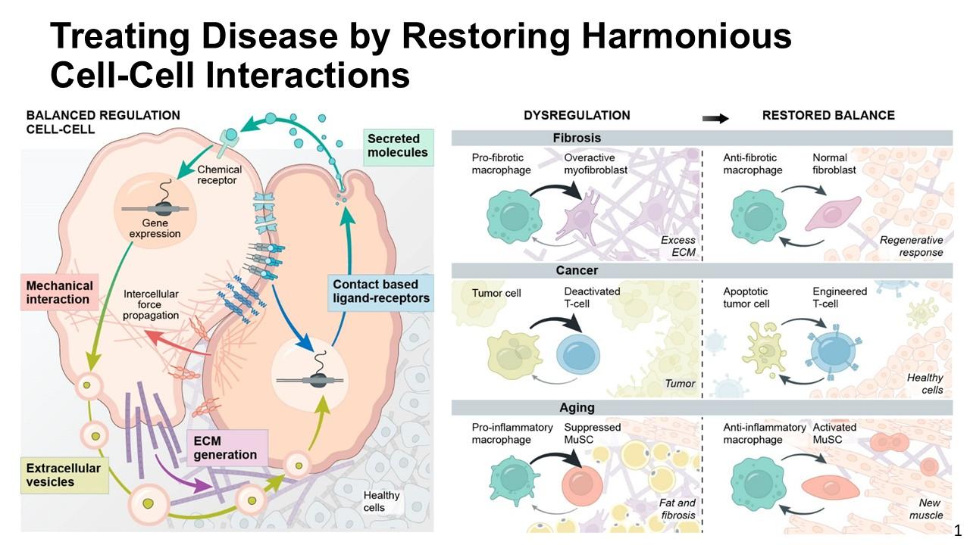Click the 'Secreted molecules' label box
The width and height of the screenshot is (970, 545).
[x=398, y=147]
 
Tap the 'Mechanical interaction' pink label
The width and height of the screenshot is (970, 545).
[x=60, y=292]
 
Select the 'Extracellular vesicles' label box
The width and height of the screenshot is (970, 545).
[x=64, y=475]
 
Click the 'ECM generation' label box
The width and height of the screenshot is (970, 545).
[x=227, y=447]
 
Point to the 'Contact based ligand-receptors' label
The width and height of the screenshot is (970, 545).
[x=380, y=293]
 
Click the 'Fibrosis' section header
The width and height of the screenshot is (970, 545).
[x=577, y=138]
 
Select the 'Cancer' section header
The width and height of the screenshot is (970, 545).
[x=577, y=270]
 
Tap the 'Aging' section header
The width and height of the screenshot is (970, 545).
[x=577, y=407]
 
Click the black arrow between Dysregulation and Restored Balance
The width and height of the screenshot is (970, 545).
[x=715, y=118]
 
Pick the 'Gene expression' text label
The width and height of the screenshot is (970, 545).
[x=155, y=229]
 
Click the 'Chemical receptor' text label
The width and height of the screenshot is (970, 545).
[x=219, y=175]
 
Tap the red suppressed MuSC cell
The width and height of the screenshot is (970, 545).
[x=582, y=485]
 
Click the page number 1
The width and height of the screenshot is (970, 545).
[x=957, y=531]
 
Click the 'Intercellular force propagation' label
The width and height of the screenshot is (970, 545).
[x=150, y=304]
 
